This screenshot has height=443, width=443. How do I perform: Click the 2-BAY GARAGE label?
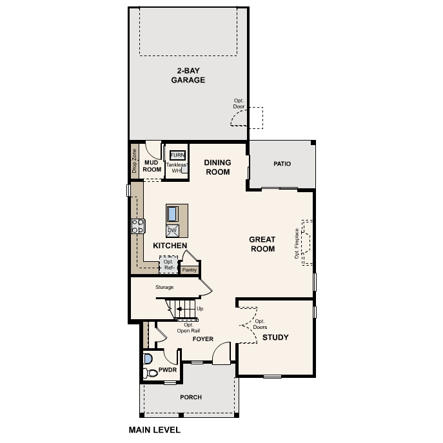tap(188, 75)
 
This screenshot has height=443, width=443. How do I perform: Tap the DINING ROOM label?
tap(217, 168)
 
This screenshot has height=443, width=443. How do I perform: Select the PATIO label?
tap(282, 164)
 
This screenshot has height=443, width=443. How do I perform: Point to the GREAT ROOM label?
tap(262, 244)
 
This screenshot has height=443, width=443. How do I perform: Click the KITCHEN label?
tap(170, 246)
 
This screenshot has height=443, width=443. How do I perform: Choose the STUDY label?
tap(275, 337)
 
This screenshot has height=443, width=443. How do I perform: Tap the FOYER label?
tap(203, 339)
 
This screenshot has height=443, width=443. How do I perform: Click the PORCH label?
tap(191, 397)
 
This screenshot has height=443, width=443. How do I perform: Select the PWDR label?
tap(167, 372)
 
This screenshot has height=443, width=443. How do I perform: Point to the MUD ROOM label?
tap(152, 166)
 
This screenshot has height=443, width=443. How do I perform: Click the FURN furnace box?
tap(177, 155)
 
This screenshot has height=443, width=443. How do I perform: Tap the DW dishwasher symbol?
tap(172, 230)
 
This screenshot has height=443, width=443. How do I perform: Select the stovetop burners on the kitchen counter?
tap(137, 226)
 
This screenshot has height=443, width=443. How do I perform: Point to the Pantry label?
tap(189, 270)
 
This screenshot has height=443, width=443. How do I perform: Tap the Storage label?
tap(164, 288)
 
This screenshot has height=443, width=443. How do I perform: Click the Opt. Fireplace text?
tap(297, 243)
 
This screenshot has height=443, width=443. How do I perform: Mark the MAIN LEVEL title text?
tap(155, 429)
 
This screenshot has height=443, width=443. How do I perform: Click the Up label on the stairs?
tap(199, 309)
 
